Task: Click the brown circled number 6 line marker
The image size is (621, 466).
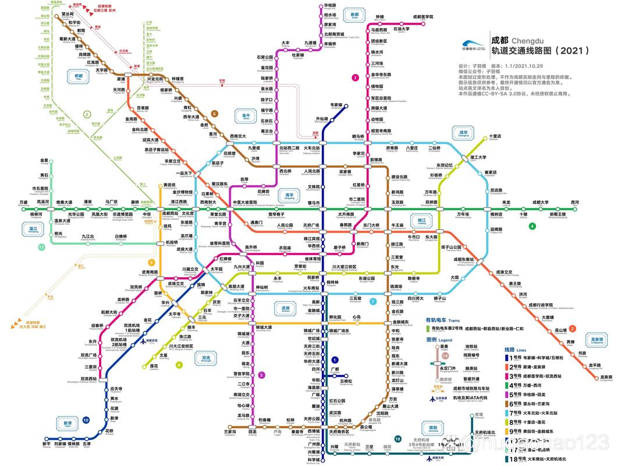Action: [x=214, y=114]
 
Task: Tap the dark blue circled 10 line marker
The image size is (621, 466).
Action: [x=86, y=420]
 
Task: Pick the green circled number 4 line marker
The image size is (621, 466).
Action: [x=532, y=225]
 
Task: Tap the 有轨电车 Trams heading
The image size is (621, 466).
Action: [x=442, y=320]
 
